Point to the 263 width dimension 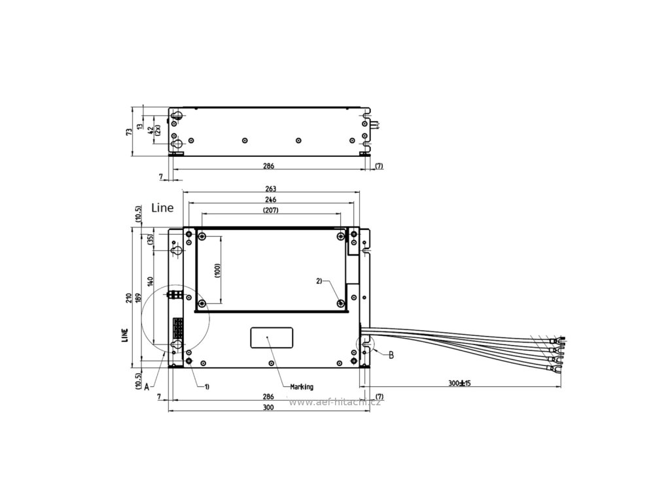[271, 188]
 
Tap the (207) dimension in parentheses [270, 210]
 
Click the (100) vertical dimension [217, 269]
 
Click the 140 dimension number [150, 282]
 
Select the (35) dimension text [150, 239]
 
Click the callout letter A [147, 386]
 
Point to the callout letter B [391, 354]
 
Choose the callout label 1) [206, 386]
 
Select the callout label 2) [319, 281]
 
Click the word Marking [302, 386]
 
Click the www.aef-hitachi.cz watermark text [334, 402]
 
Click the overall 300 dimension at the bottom [267, 407]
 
